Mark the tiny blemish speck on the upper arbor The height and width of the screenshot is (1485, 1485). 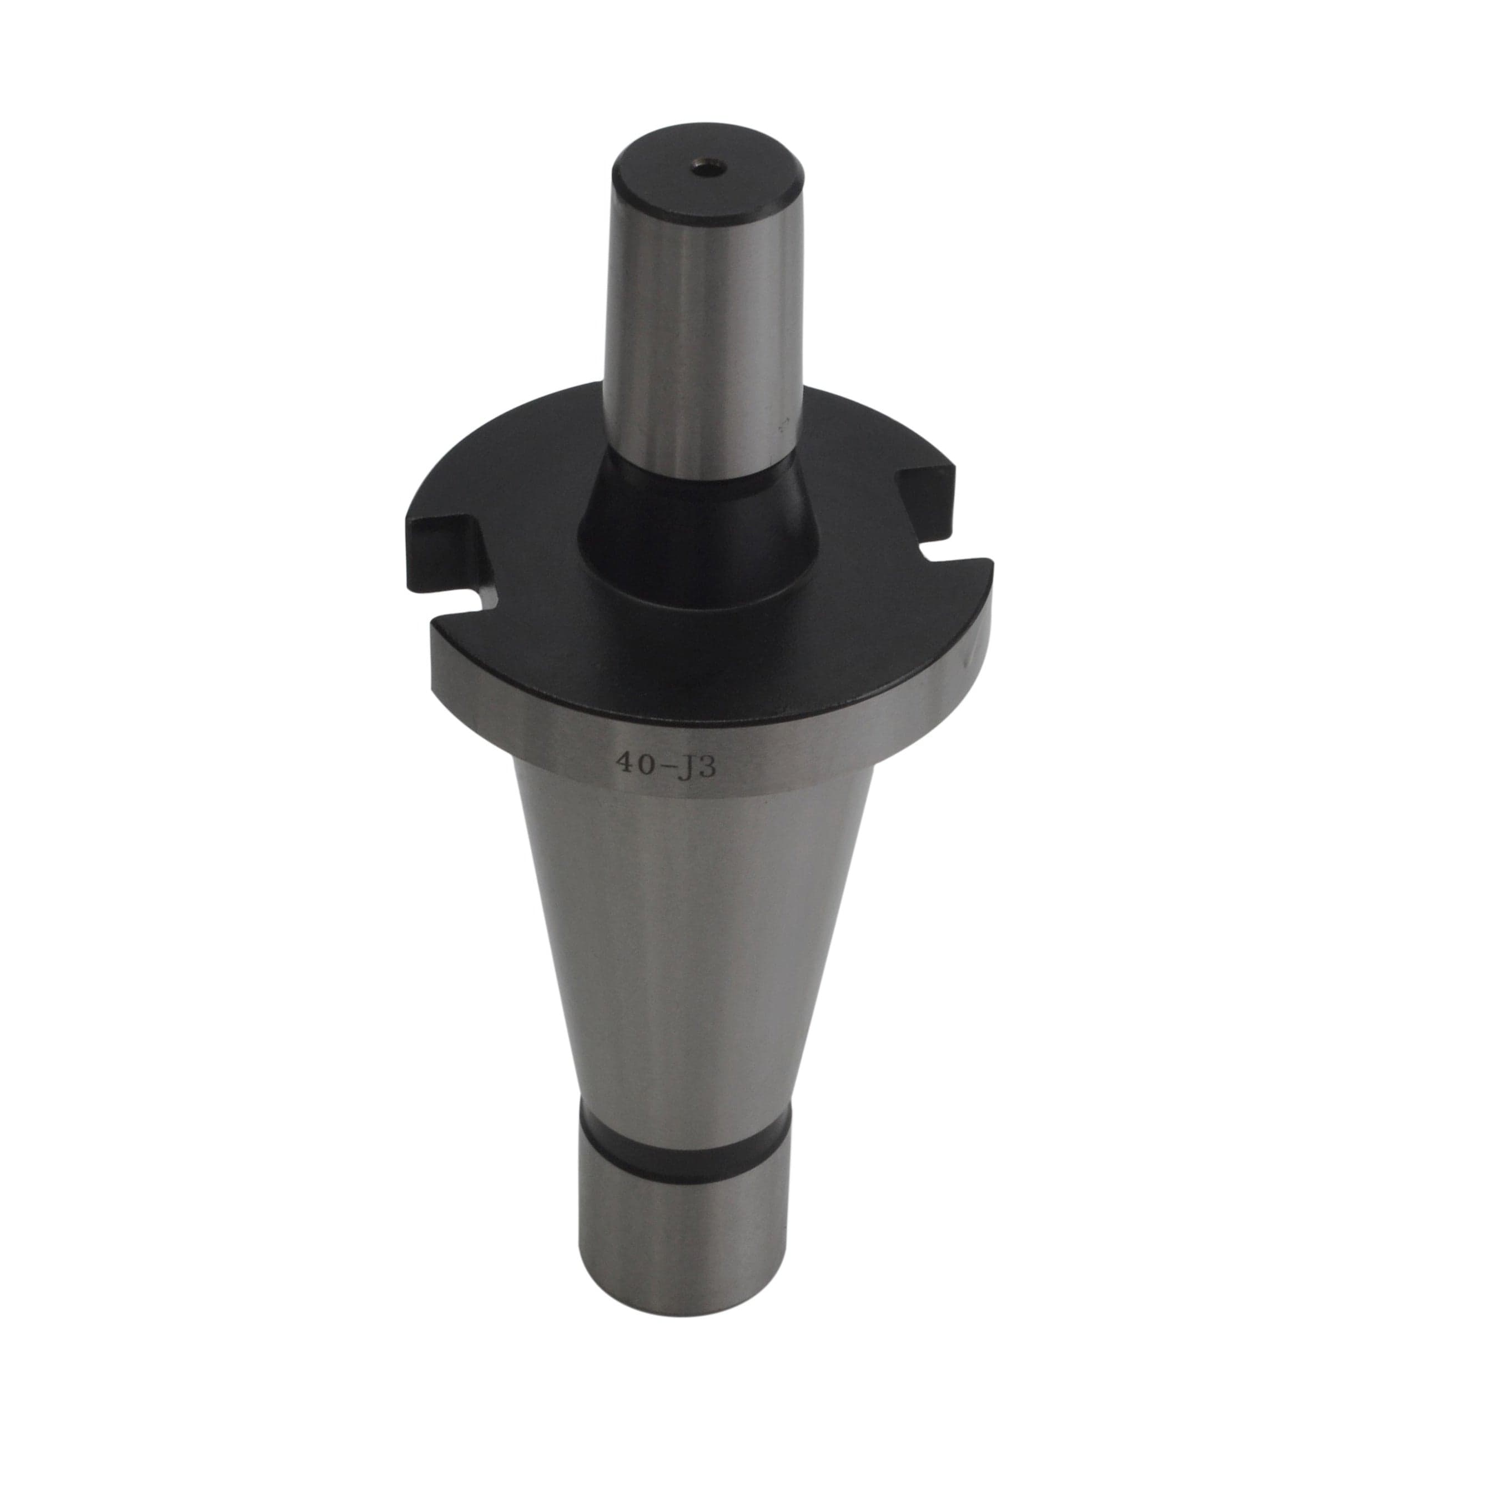pos(786,422)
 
